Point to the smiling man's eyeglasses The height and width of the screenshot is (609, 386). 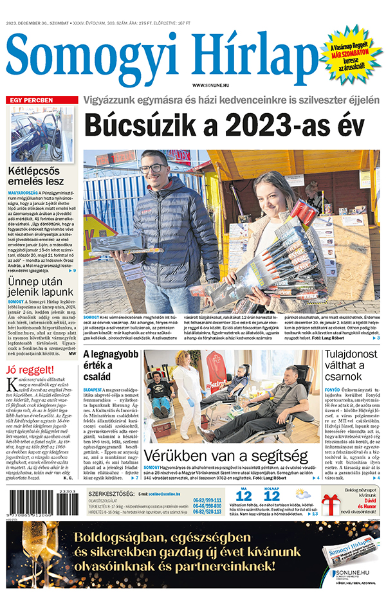154,168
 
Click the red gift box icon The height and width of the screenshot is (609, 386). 331,504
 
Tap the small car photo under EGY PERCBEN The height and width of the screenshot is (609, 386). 42,134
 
